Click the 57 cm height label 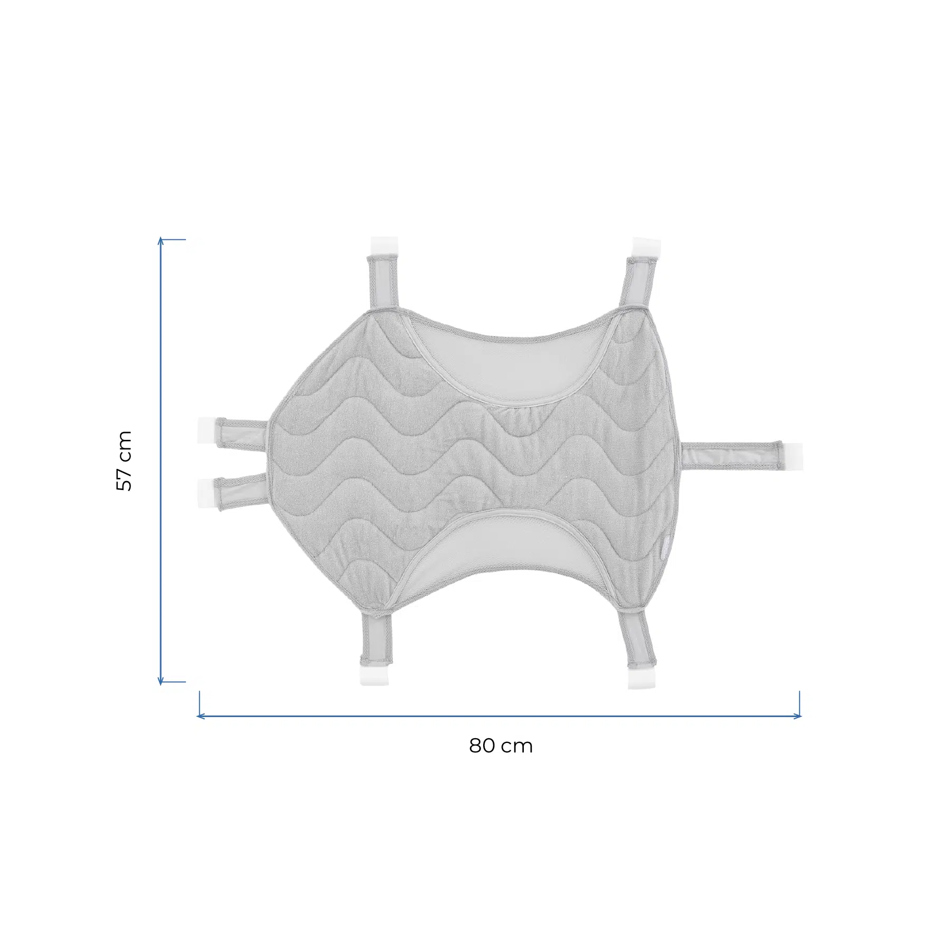click(x=124, y=460)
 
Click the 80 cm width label click(x=501, y=746)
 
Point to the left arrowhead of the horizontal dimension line click(x=200, y=717)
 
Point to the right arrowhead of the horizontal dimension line click(x=797, y=717)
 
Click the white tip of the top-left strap click(x=384, y=246)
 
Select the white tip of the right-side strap click(x=792, y=456)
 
